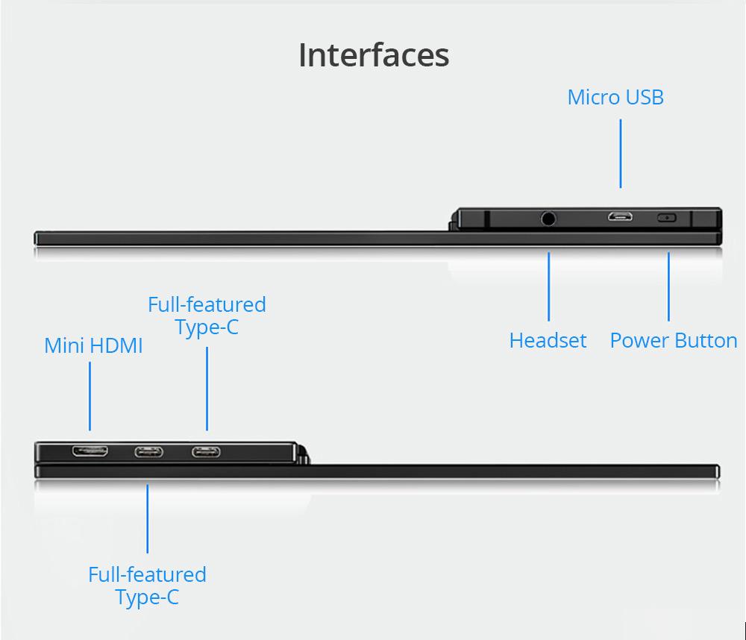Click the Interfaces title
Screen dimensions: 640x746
click(374, 55)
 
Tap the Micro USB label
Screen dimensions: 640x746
click(615, 97)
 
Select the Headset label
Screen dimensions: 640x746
click(548, 340)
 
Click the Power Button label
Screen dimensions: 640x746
click(674, 340)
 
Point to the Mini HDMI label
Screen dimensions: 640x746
click(93, 345)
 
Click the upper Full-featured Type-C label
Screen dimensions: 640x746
click(207, 316)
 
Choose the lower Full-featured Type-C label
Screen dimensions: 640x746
click(147, 586)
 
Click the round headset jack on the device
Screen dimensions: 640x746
click(549, 219)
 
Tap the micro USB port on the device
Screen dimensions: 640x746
click(619, 218)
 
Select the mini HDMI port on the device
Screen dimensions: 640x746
click(90, 451)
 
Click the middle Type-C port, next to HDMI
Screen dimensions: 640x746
click(148, 451)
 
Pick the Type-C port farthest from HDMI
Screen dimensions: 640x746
click(206, 451)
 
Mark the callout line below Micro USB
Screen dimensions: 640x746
click(621, 153)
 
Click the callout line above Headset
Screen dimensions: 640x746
click(549, 286)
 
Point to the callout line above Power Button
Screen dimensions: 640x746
click(668, 286)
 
